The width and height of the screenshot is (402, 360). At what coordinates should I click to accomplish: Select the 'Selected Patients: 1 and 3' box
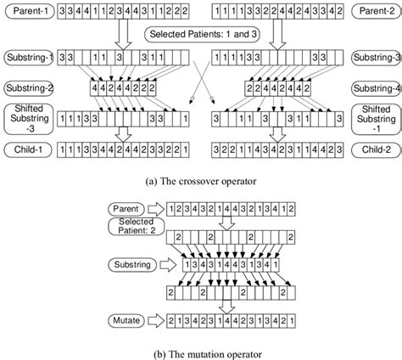tap(202, 36)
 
